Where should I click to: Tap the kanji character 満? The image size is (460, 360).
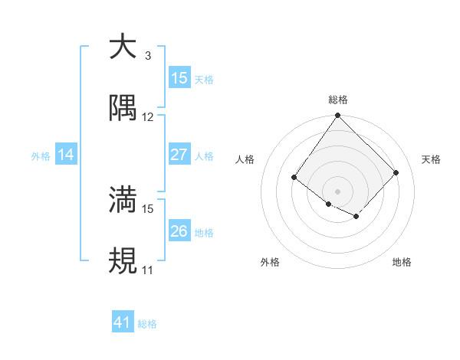pyautogui.click(x=123, y=199)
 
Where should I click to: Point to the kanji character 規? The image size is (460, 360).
pyautogui.click(x=123, y=261)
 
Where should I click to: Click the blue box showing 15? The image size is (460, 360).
pyautogui.click(x=179, y=78)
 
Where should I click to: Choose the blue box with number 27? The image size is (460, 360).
pyautogui.click(x=179, y=155)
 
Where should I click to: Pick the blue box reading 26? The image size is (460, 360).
pyautogui.click(x=179, y=231)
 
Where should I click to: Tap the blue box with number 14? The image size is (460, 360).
pyautogui.click(x=66, y=155)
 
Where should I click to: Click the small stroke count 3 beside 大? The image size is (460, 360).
pyautogui.click(x=148, y=56)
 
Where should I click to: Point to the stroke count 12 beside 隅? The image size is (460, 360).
pyautogui.click(x=148, y=117)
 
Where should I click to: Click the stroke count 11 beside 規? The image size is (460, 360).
pyautogui.click(x=148, y=270)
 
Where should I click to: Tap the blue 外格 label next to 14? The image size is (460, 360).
pyautogui.click(x=41, y=155)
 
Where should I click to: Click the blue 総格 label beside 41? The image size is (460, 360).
pyautogui.click(x=147, y=324)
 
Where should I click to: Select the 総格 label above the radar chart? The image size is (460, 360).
pyautogui.click(x=338, y=100)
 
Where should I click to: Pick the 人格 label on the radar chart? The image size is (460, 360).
pyautogui.click(x=245, y=159)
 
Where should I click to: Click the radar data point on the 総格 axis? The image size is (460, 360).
pyautogui.click(x=337, y=116)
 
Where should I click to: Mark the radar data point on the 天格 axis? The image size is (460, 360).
pyautogui.click(x=396, y=172)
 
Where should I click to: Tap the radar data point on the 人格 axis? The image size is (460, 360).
pyautogui.click(x=294, y=178)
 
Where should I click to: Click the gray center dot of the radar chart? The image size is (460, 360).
pyautogui.click(x=337, y=191)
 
